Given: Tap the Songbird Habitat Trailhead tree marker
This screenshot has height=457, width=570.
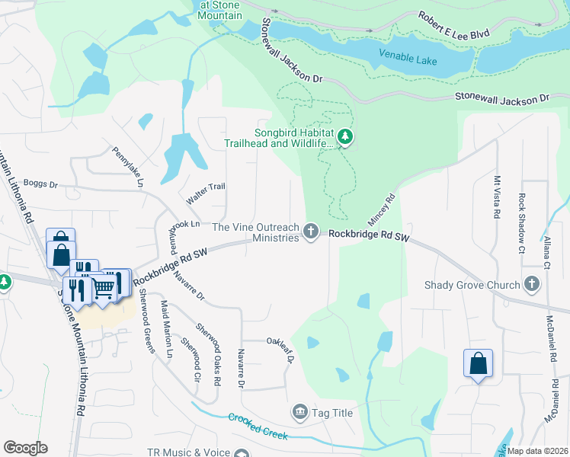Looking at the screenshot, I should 346,137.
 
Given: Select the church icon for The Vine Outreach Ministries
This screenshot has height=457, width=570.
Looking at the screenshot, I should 310,231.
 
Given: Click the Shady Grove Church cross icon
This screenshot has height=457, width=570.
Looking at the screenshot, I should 532,285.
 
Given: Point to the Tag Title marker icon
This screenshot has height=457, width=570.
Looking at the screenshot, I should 299,413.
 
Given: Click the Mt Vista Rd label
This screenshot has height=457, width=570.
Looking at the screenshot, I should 497,197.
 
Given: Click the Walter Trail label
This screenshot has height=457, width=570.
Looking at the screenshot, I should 207,193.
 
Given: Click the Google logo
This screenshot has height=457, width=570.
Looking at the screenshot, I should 25,448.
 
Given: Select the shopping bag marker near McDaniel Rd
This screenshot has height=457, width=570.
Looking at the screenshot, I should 478,363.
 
